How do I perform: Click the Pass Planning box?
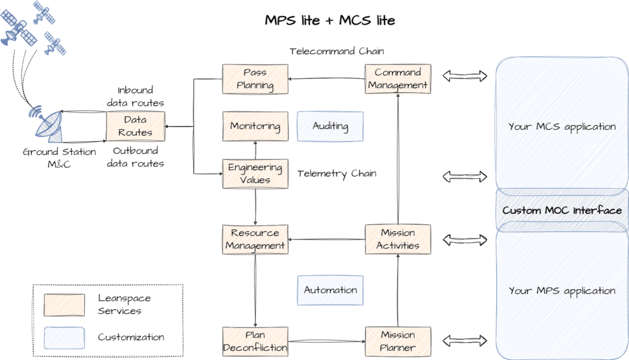coord(255,79)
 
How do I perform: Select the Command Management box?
coord(397,79)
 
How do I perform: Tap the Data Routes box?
coord(135,125)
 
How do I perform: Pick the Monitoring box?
coord(255,127)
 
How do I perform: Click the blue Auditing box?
coord(330,127)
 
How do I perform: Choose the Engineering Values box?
coord(255,174)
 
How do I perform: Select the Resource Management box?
coord(255,239)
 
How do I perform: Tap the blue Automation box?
coord(330,290)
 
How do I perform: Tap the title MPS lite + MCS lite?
coord(330,20)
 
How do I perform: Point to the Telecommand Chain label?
coord(337,51)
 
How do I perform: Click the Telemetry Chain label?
coord(337,174)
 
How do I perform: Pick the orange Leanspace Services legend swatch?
coord(64,304)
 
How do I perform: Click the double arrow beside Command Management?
coord(464,76)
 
